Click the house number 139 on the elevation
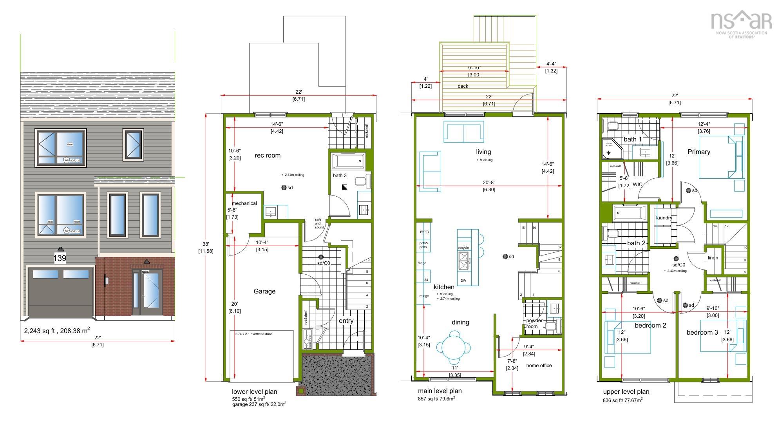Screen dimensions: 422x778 60,258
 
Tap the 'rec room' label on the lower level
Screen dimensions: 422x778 268,156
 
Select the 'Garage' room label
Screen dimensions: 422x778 264,291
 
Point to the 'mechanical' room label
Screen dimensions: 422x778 244,203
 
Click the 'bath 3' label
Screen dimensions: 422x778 340,176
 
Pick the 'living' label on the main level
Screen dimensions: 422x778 483,152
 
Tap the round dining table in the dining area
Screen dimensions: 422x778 454,347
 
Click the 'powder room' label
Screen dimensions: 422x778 534,323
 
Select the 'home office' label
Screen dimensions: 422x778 539,366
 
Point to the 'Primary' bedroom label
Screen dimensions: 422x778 699,152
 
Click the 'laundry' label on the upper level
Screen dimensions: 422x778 664,218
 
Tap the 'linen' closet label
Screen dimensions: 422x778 713,258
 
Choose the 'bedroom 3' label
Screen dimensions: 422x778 702,333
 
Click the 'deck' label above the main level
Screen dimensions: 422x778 463,86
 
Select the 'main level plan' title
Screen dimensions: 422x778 440,391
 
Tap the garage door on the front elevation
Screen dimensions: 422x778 60,292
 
